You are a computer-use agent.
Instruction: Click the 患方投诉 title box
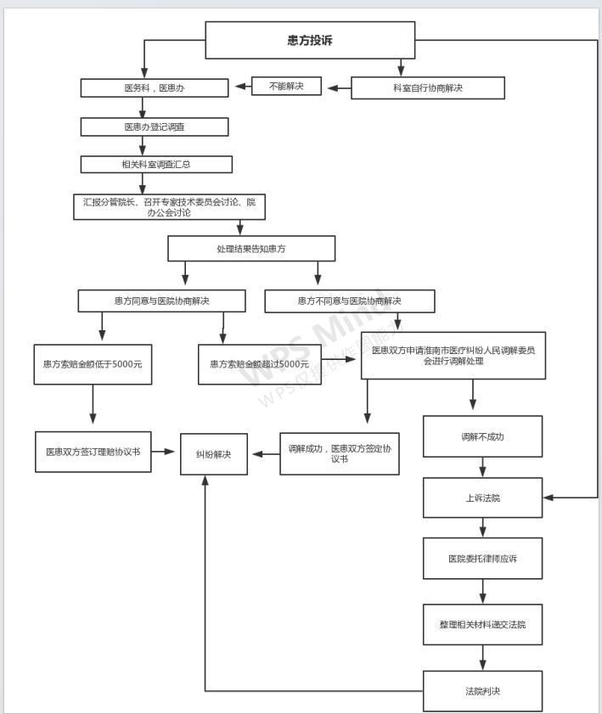(x=310, y=40)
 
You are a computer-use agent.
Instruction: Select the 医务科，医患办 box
(x=155, y=88)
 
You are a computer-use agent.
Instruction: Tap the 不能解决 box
(x=286, y=86)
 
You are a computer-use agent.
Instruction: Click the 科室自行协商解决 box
(x=428, y=88)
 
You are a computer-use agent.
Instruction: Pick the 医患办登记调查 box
(x=155, y=127)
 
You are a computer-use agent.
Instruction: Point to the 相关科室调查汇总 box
(x=156, y=165)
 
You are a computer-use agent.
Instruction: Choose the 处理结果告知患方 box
(x=251, y=249)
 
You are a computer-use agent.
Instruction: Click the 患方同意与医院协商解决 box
(x=161, y=301)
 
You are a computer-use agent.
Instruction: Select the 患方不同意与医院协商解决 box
(x=350, y=301)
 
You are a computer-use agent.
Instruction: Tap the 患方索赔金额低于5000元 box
(x=93, y=364)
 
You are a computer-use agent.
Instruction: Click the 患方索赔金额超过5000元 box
(x=260, y=364)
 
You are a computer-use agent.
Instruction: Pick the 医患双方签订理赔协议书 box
(x=93, y=452)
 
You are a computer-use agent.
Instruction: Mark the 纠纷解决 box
(x=214, y=454)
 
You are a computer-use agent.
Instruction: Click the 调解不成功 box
(x=482, y=436)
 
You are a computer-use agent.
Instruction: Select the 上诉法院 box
(x=482, y=498)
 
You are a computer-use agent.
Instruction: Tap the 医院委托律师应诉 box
(x=482, y=559)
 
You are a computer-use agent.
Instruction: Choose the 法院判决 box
(x=482, y=691)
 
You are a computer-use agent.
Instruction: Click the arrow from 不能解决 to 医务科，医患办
(x=243, y=87)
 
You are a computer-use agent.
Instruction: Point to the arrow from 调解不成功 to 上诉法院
(x=482, y=467)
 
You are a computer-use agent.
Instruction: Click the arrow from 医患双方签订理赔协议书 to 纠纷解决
(x=163, y=452)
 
